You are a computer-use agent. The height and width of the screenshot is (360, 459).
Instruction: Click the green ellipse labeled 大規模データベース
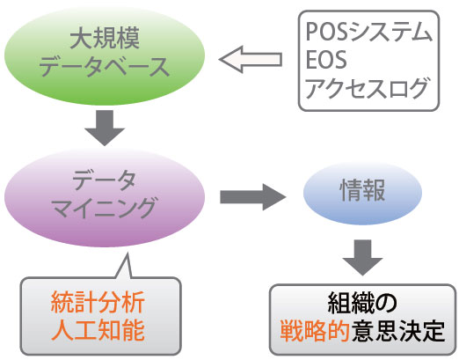(105, 55)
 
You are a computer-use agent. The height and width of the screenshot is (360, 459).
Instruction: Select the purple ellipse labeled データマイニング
(105, 197)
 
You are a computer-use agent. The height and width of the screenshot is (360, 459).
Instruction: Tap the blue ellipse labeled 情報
(362, 193)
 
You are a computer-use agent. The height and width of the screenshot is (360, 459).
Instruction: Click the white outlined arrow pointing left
(251, 59)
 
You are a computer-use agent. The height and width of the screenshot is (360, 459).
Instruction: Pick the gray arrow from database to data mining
(105, 128)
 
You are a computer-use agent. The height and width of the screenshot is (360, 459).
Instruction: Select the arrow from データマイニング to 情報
(253, 197)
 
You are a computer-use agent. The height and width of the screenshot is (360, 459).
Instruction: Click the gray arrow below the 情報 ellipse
(362, 257)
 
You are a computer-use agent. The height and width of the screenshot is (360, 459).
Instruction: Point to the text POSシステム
(368, 32)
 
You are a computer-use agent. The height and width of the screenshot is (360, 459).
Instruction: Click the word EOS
(326, 59)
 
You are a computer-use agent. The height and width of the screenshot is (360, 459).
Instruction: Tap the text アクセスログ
(367, 87)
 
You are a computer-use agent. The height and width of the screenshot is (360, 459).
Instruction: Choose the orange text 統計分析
(98, 303)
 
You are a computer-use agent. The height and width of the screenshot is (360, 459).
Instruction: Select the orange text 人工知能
(98, 330)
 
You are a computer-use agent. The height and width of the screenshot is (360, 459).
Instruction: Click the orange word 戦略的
(315, 331)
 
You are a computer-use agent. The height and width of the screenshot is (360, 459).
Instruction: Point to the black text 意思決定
(398, 331)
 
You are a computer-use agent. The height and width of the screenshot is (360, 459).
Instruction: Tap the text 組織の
(362, 303)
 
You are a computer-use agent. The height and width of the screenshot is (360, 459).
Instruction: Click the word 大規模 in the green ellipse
(105, 39)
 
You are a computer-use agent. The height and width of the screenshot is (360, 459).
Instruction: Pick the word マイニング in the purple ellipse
(105, 208)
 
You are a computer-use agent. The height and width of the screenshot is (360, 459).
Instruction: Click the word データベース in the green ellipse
(105, 67)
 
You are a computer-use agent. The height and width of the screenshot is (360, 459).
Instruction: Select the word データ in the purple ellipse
(105, 180)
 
